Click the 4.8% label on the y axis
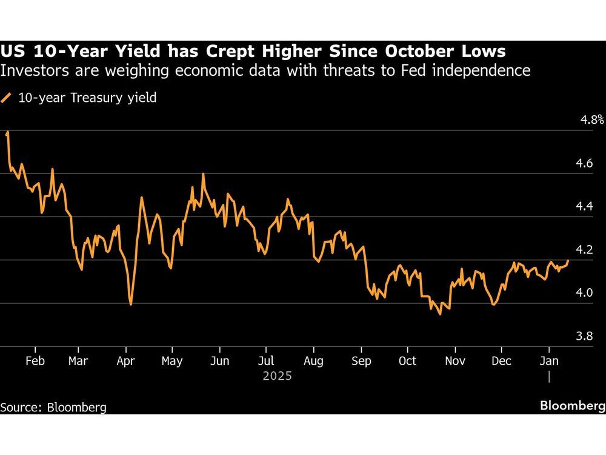tap(593, 120)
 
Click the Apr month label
tap(125, 361)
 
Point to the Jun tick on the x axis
tap(219, 361)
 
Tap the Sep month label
tap(361, 361)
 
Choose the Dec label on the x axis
tap(501, 361)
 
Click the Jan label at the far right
tap(549, 361)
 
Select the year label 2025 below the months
tap(278, 376)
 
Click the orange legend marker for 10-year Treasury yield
tap(7, 98)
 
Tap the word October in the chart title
tap(417, 50)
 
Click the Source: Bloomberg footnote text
tap(53, 407)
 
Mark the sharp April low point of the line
tap(131, 304)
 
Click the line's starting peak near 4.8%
tap(7, 132)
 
